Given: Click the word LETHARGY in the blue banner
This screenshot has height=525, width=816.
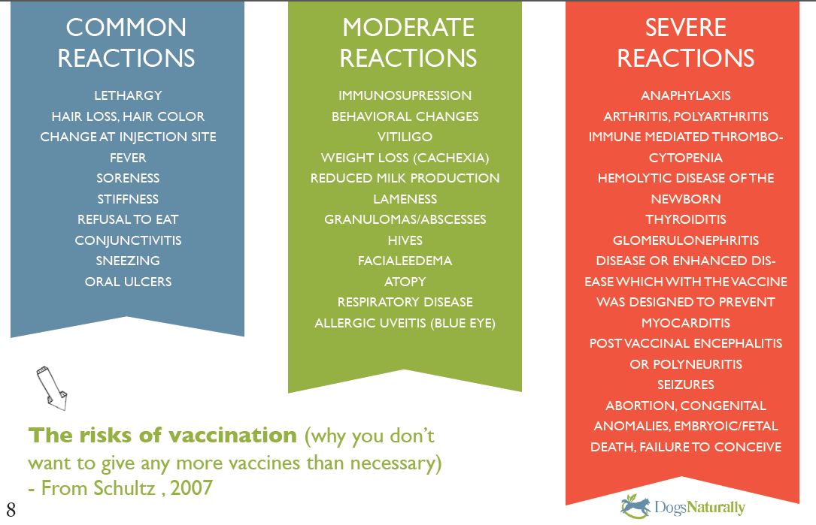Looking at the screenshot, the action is pyautogui.click(x=128, y=95).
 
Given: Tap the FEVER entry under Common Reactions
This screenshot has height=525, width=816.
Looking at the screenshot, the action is pyautogui.click(x=128, y=158).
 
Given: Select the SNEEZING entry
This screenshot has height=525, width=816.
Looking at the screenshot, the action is pyautogui.click(x=128, y=261).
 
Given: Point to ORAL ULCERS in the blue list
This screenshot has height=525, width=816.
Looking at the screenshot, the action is pyautogui.click(x=128, y=281).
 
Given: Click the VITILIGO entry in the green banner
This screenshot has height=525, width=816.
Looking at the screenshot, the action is pyautogui.click(x=405, y=137).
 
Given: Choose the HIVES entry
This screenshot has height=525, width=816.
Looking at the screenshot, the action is pyautogui.click(x=405, y=240).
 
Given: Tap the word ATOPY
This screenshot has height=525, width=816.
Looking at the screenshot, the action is pyautogui.click(x=405, y=281).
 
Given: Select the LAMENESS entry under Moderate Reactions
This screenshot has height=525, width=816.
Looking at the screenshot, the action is pyautogui.click(x=405, y=199).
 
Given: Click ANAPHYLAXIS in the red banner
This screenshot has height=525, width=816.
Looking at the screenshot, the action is pyautogui.click(x=686, y=95).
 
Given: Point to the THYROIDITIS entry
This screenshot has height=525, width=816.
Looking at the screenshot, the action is pyautogui.click(x=686, y=219).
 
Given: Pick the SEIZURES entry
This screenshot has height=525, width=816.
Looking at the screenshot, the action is pyautogui.click(x=686, y=385).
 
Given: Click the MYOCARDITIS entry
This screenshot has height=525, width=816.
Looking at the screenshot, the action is pyautogui.click(x=686, y=323).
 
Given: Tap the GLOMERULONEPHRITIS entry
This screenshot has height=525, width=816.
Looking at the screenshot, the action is pyautogui.click(x=686, y=240).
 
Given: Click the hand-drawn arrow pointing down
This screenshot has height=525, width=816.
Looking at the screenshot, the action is pyautogui.click(x=52, y=388).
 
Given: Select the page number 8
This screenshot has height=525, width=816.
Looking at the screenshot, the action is pyautogui.click(x=11, y=510).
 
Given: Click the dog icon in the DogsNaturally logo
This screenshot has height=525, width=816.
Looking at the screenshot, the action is pyautogui.click(x=636, y=506).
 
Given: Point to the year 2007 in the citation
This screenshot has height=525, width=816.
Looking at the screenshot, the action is pyautogui.click(x=192, y=487).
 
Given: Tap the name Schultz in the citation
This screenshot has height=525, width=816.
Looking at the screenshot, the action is pyautogui.click(x=124, y=487).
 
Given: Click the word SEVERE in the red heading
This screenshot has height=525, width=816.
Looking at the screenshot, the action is pyautogui.click(x=686, y=28).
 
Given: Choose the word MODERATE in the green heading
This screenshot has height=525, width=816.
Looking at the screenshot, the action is pyautogui.click(x=408, y=28).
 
